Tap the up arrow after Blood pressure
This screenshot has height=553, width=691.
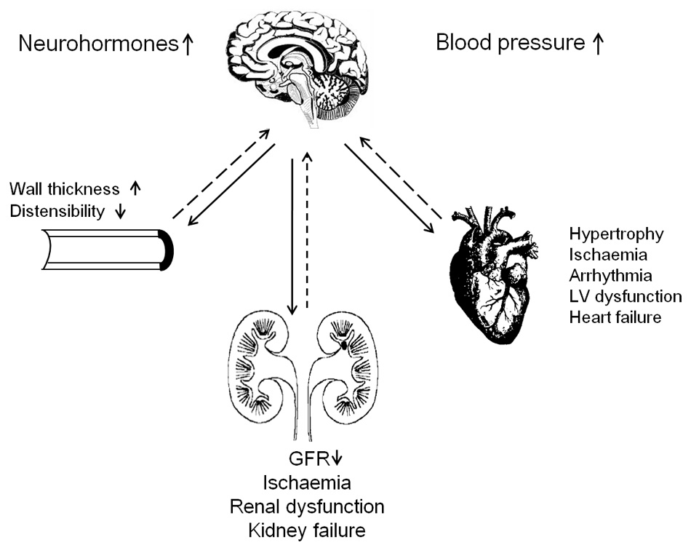pos(598,44)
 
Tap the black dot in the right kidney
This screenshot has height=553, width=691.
pos(344,347)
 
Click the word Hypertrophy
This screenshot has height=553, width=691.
pos(617,234)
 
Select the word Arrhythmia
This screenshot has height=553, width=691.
pos(611,276)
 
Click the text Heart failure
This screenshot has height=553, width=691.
pos(615,317)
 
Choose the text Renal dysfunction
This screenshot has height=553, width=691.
pos(306,506)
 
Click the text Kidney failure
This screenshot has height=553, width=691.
pos(306,529)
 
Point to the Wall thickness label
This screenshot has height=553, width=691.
pos(64,189)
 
